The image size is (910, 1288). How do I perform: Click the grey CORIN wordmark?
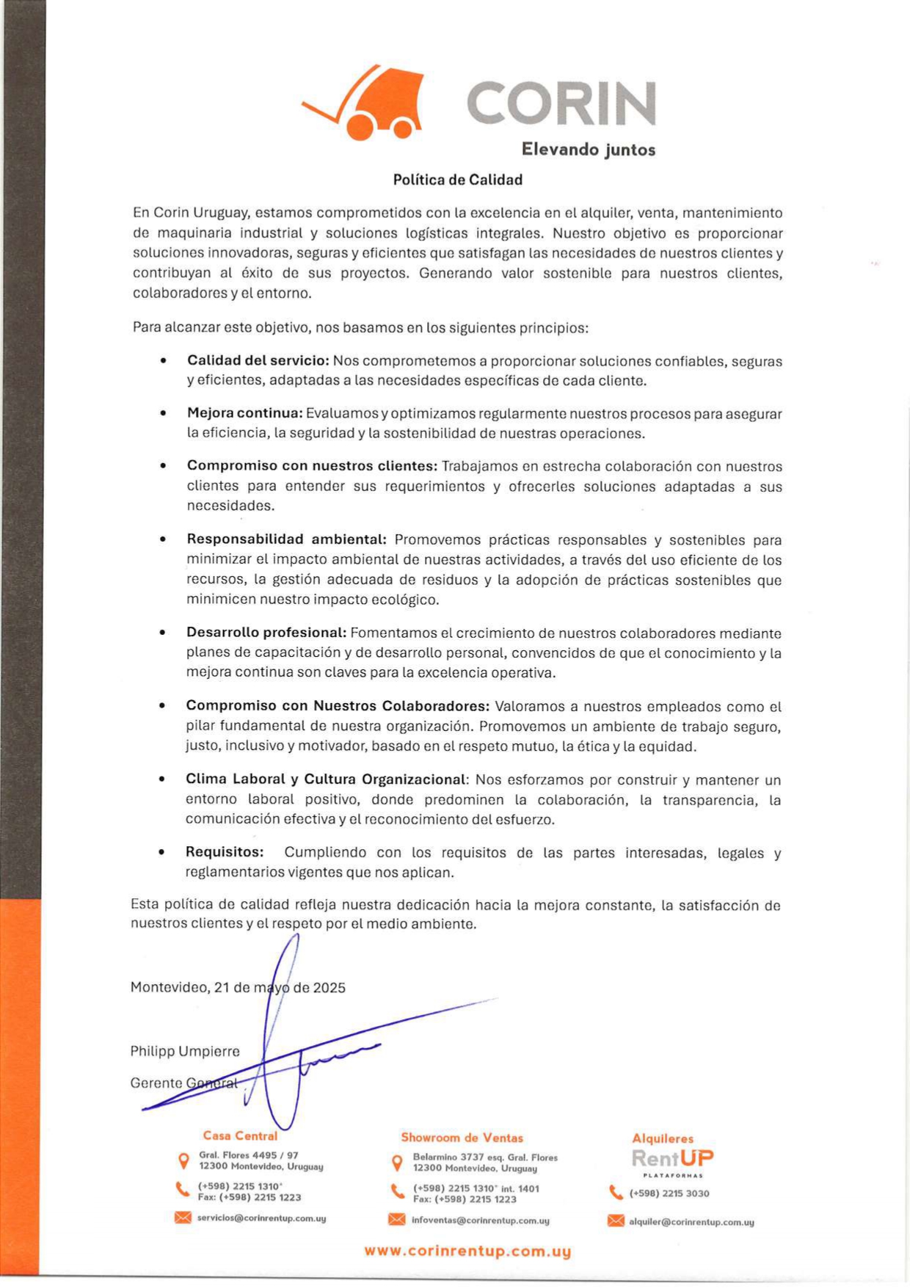[561, 103]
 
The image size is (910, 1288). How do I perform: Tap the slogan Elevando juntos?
[588, 150]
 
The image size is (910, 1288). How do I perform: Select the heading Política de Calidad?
[457, 180]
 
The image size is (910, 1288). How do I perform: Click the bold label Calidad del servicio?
[258, 361]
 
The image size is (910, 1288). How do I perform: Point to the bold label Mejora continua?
[244, 413]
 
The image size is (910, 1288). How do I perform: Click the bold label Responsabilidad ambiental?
[286, 539]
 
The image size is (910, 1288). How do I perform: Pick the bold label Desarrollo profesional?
[266, 633]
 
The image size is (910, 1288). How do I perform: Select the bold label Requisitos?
[224, 852]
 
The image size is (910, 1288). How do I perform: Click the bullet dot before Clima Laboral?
[161, 779]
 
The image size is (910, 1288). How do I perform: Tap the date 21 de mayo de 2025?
[280, 987]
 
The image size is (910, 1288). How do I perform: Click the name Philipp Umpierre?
[185, 1051]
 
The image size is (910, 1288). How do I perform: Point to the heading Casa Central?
[240, 1135]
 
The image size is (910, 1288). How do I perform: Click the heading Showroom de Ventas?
[462, 1138]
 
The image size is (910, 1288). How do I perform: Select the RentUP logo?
[672, 1159]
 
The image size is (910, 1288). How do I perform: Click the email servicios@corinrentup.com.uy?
[261, 1218]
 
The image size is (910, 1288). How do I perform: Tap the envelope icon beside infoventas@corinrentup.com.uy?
[396, 1219]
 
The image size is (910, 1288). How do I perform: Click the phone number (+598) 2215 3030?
[669, 1193]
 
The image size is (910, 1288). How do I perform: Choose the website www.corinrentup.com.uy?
[467, 1251]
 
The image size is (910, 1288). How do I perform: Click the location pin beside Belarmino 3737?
[397, 1163]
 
